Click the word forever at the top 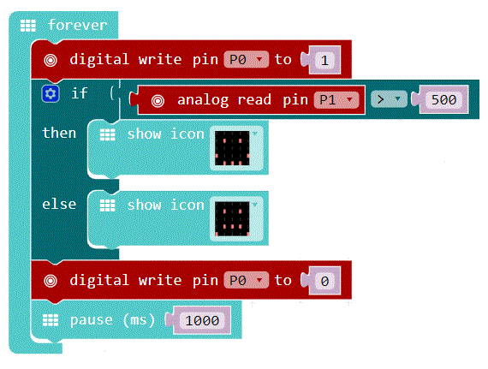78,25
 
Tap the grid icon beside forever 28,26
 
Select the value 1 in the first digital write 324,60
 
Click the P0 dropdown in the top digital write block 246,59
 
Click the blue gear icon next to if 51,93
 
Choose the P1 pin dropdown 336,100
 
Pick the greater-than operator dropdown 389,99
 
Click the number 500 443,100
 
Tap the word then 59,133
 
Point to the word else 59,205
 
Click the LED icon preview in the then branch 232,148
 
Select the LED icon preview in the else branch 232,219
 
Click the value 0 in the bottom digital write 324,281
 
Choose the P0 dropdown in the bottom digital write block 246,280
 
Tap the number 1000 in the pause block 202,320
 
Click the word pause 92,320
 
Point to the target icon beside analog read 158,101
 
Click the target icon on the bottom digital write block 51,281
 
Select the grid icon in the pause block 51,320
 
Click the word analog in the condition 203,100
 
